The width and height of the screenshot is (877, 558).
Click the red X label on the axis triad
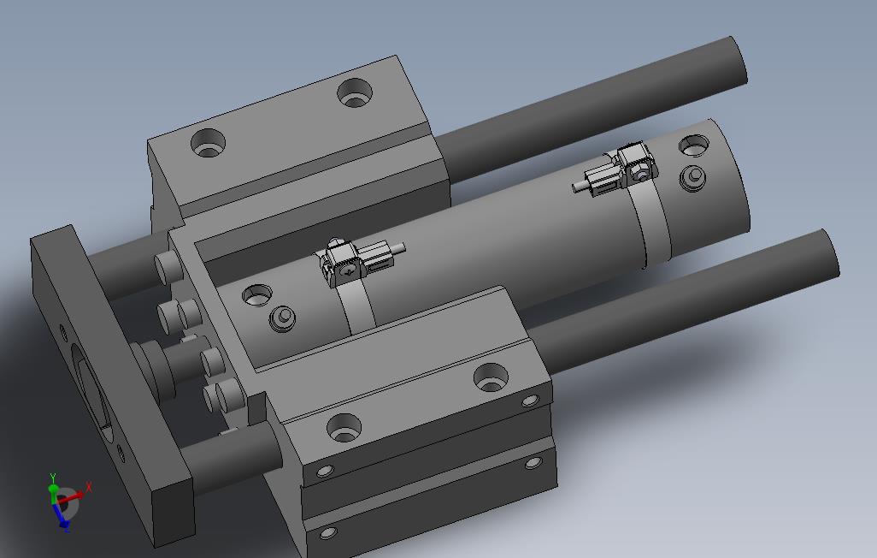tap(88, 488)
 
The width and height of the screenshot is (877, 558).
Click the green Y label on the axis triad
tap(53, 478)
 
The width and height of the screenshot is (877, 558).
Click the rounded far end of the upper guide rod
tap(739, 61)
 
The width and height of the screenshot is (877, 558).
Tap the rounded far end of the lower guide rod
tap(831, 252)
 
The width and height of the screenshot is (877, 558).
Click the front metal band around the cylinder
tap(356, 308)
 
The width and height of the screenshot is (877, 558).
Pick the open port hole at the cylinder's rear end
tap(693, 145)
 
